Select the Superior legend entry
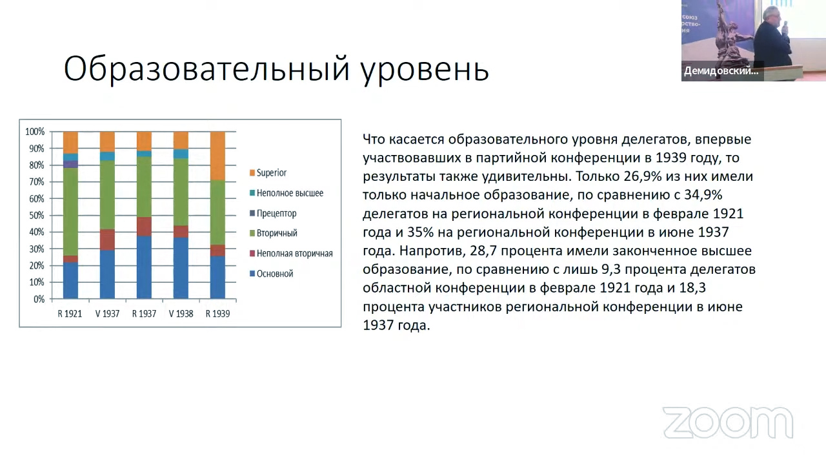pos(271,172)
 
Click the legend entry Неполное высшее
pos(289,193)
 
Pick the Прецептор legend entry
pos(276,213)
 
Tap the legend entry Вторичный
pos(276,233)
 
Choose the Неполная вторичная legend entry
pos(294,253)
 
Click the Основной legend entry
pos(274,273)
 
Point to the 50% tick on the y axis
pos(35,216)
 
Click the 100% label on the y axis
pos(35,132)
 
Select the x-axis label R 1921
pos(70,314)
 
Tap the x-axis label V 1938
pos(181,314)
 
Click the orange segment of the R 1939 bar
pos(217,156)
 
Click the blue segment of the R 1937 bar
pos(144,267)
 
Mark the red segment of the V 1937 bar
pos(107,240)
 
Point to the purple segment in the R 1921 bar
pos(70,164)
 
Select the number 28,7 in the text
pos(478,251)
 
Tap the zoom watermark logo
pos(728,423)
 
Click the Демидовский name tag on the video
pos(721,71)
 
